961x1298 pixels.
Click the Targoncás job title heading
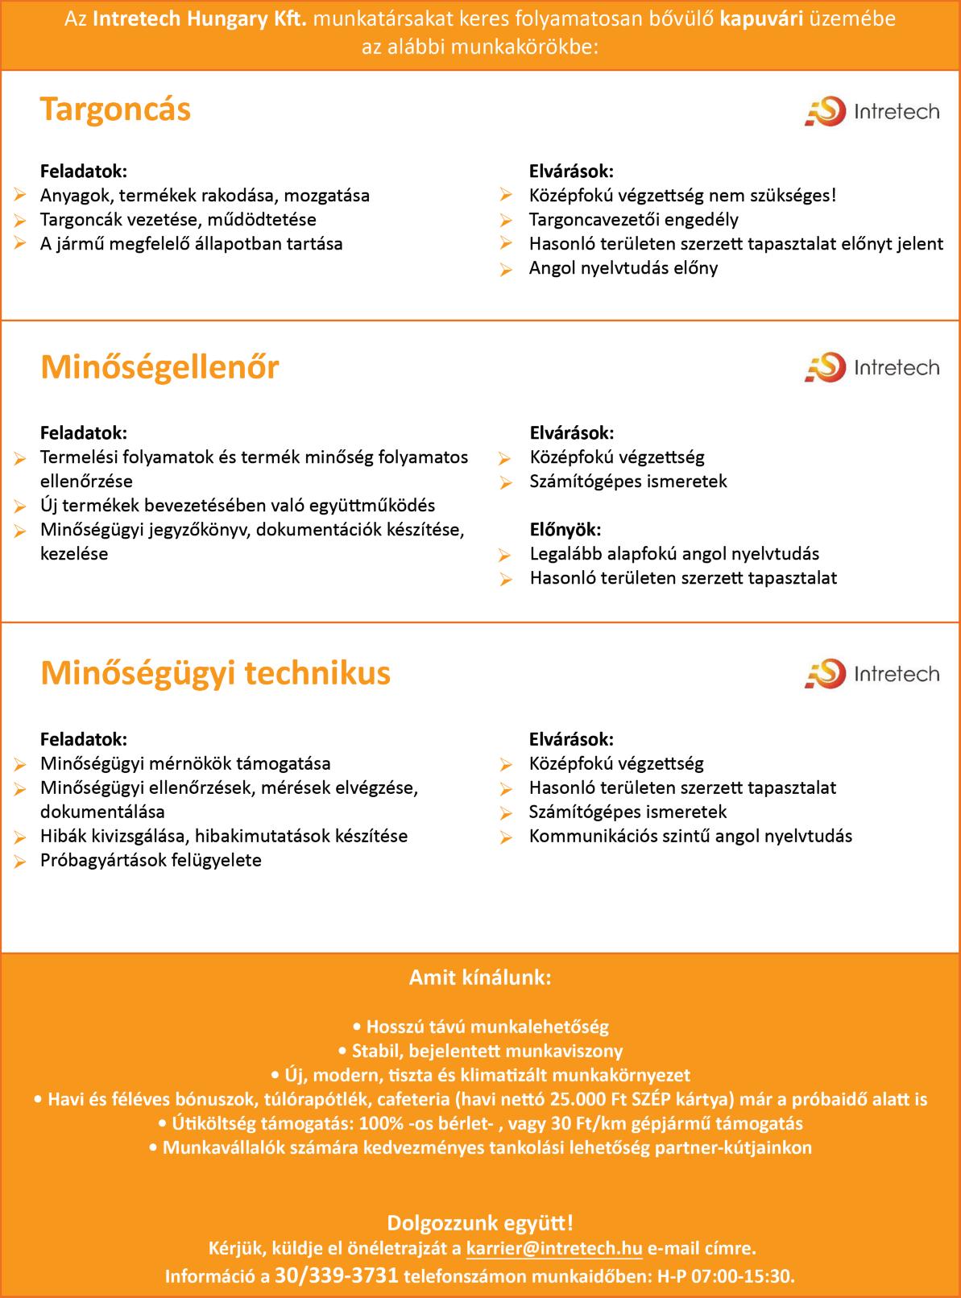pos(115,109)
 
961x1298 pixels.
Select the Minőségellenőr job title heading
pos(159,367)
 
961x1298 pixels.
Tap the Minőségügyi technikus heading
pos(215,673)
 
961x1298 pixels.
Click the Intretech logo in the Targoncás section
pos(872,111)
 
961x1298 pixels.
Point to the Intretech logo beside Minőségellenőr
pos(872,368)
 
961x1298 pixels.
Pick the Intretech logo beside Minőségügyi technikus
pos(872,673)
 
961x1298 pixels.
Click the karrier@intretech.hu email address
pos(554,1249)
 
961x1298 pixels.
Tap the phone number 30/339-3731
pos(337,1275)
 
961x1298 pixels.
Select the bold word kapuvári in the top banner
pos(761,19)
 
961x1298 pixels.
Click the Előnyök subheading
pos(565,529)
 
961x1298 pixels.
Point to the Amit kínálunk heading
pos(480,978)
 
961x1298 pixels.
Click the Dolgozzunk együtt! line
pos(480,1223)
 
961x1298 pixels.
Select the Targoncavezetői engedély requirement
pos(633,220)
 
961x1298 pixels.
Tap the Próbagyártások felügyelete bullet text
pos(151,860)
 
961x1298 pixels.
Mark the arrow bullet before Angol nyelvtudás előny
pos(505,270)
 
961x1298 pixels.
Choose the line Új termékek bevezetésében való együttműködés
pos(237,505)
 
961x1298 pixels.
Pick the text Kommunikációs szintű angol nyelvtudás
pos(690,836)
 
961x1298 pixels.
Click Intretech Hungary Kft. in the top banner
pos(200,19)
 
